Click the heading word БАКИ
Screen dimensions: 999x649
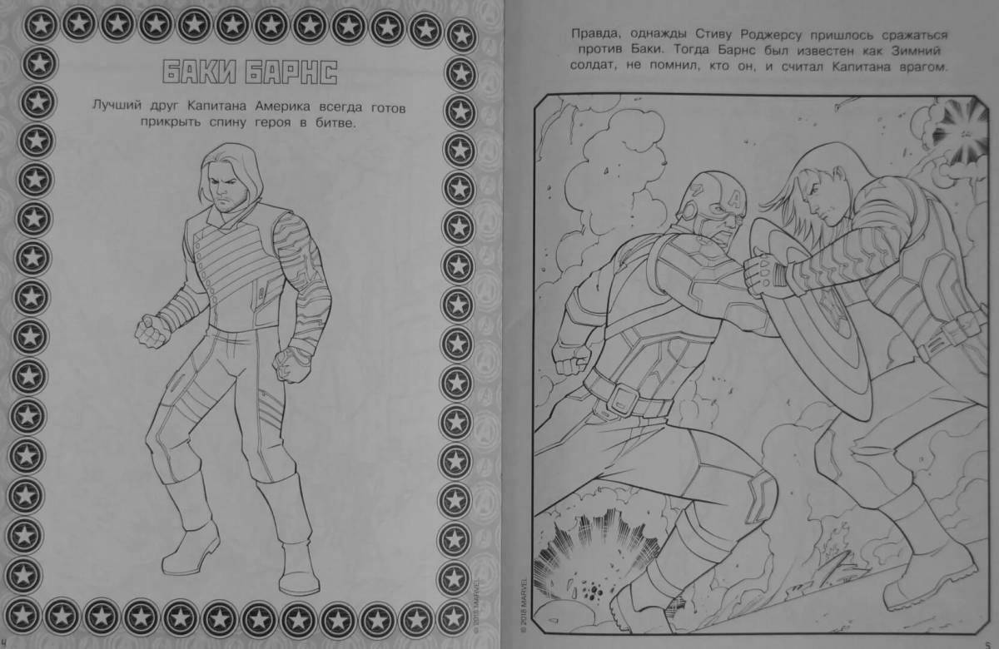[200, 72]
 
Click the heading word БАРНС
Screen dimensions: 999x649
[292, 72]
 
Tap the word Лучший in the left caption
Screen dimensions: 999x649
[117, 106]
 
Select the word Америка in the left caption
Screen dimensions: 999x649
[282, 107]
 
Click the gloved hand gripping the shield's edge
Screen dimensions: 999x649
[763, 274]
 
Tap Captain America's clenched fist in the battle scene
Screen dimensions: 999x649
[570, 357]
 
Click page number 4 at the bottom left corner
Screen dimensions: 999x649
[3, 642]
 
